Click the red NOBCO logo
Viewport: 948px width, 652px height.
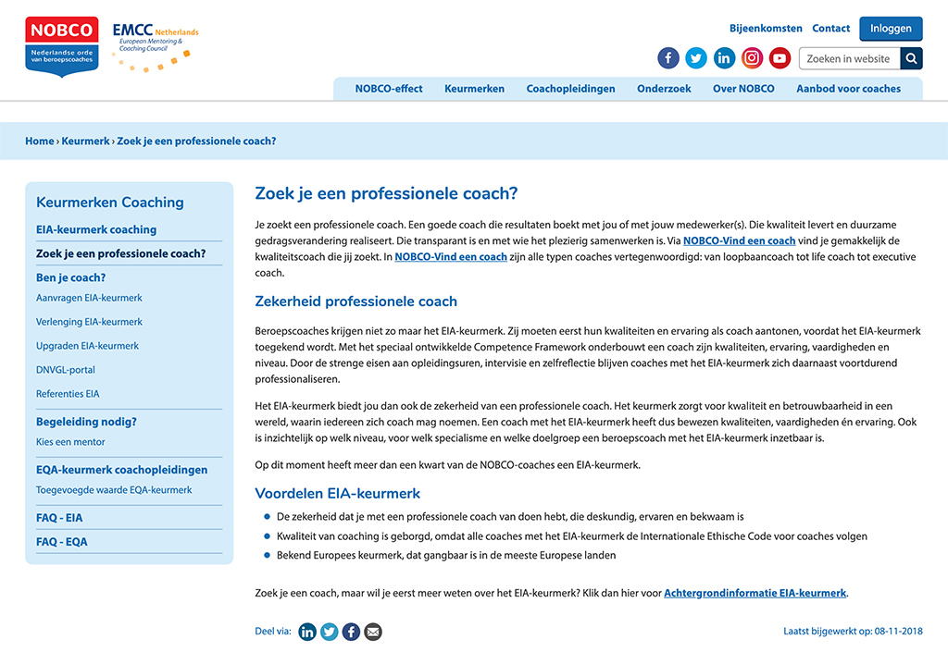pos(62,46)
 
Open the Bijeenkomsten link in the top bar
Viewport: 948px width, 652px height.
pos(766,29)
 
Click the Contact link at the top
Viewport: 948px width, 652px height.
pos(830,29)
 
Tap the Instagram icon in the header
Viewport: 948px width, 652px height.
pos(752,58)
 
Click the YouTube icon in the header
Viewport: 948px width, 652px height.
pos(780,58)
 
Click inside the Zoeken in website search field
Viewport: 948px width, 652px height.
pos(848,59)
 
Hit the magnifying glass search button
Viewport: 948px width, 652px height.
pos(911,59)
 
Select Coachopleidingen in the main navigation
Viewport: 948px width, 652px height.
pos(570,89)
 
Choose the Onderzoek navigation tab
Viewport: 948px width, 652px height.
pos(664,89)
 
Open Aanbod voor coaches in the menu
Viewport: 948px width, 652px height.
pos(848,89)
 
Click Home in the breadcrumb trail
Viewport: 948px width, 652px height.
pos(40,141)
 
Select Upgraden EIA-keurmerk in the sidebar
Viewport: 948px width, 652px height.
pos(87,346)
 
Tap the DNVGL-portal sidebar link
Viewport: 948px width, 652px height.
pos(66,370)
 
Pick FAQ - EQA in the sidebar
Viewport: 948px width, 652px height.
pos(62,542)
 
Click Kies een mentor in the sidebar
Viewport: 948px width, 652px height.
pos(70,442)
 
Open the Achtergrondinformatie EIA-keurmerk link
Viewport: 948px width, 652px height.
pos(755,594)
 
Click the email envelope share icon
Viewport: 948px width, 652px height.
pos(372,633)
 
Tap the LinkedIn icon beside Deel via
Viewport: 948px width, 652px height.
pos(307,633)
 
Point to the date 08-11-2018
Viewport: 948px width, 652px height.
pos(899,632)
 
